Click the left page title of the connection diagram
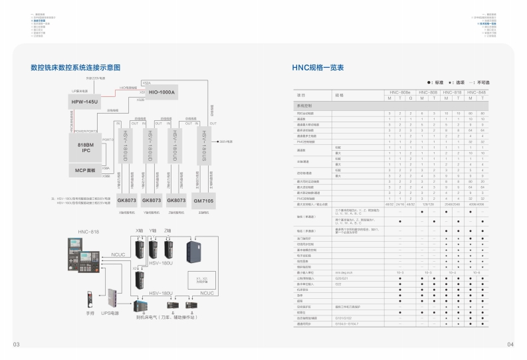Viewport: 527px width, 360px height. pyautogui.click(x=76, y=68)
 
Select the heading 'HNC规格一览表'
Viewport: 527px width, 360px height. pyautogui.click(x=318, y=68)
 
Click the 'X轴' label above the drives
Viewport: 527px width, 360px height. pyautogui.click(x=139, y=230)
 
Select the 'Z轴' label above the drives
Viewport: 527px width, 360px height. pyautogui.click(x=168, y=230)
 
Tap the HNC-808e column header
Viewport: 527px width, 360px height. pyautogui.click(x=399, y=92)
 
